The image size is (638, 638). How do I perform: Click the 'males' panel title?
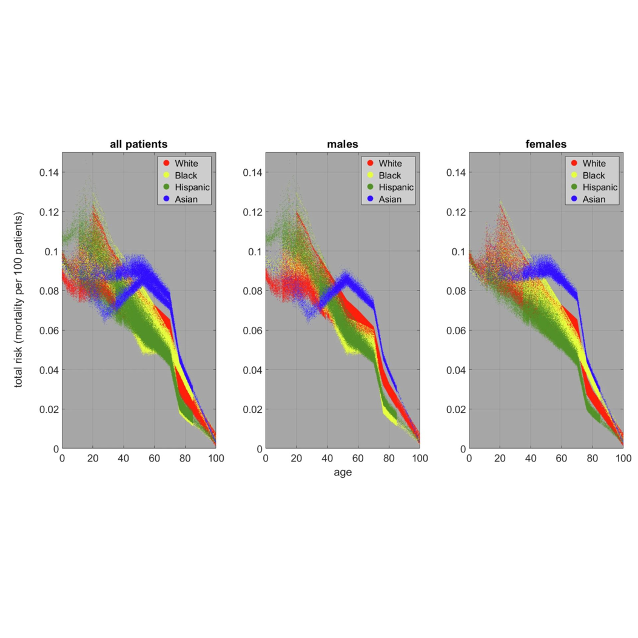[x=343, y=144]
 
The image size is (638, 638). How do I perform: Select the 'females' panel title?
[x=546, y=144]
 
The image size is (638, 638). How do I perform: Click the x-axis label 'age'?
[x=343, y=473]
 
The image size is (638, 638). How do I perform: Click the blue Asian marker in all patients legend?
[x=166, y=199]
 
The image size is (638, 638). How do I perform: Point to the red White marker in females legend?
[x=573, y=163]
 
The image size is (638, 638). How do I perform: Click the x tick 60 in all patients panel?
[x=154, y=458]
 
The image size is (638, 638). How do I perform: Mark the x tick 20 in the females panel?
[x=500, y=458]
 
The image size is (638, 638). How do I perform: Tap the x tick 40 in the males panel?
[x=327, y=458]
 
